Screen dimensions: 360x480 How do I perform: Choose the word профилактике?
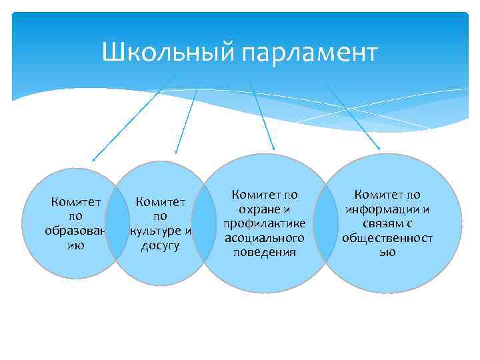point(265,223)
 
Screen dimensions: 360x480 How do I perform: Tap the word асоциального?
point(265,238)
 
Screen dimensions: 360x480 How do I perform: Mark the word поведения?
point(265,253)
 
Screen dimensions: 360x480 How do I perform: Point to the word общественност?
point(387,238)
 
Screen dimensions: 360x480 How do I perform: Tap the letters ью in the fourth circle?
point(387,253)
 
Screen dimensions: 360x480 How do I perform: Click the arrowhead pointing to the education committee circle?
point(94,159)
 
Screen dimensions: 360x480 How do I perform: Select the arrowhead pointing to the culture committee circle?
point(176,153)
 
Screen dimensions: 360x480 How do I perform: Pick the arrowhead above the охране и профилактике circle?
point(273,147)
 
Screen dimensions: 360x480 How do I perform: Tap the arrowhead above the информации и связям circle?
point(379,148)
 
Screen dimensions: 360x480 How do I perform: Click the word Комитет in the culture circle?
point(160,201)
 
